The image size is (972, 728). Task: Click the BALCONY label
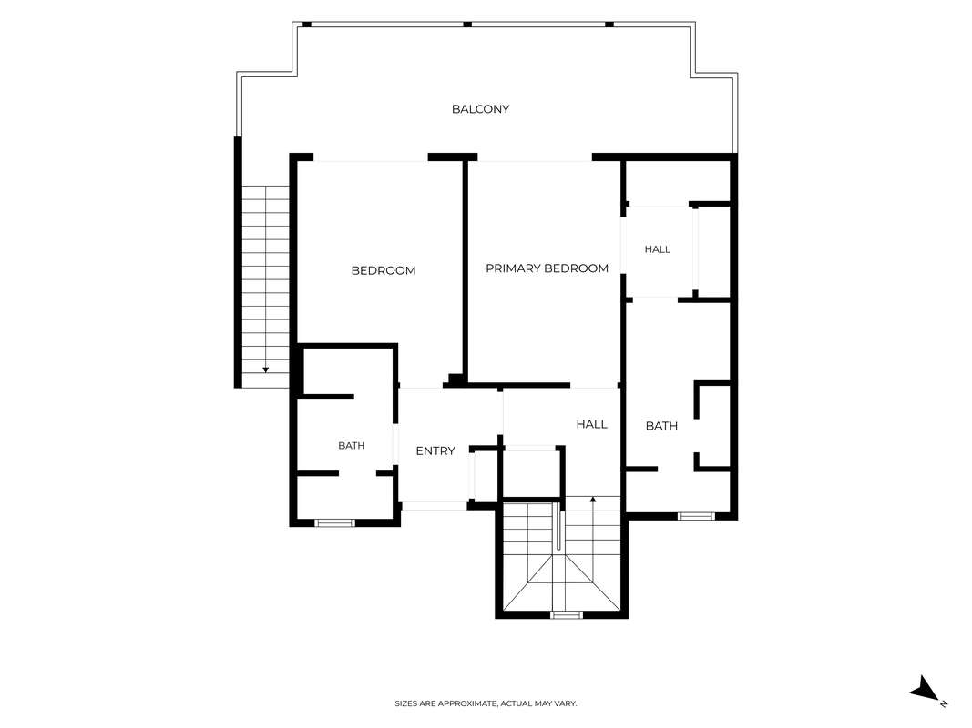tap(480, 109)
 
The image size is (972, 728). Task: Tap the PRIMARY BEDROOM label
tap(547, 268)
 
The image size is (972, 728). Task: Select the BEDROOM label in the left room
tap(384, 270)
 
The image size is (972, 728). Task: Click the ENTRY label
tap(435, 451)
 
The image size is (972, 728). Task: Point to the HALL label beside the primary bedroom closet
tap(657, 249)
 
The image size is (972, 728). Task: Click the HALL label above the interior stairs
tap(591, 424)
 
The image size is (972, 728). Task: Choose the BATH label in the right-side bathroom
tap(661, 426)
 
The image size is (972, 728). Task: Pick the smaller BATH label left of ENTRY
tap(352, 446)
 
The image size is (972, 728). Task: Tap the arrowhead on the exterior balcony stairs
tap(265, 369)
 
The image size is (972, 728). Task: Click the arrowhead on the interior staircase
tap(593, 499)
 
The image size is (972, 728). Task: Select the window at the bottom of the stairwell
tap(567, 615)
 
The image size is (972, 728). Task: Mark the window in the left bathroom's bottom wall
tap(334, 523)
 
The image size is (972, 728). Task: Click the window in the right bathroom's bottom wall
tap(696, 516)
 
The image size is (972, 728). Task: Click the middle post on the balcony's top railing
tap(467, 25)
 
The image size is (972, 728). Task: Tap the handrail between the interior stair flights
tap(559, 525)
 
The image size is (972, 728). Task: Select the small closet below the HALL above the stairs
tap(532, 472)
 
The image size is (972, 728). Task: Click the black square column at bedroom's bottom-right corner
tap(456, 379)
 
